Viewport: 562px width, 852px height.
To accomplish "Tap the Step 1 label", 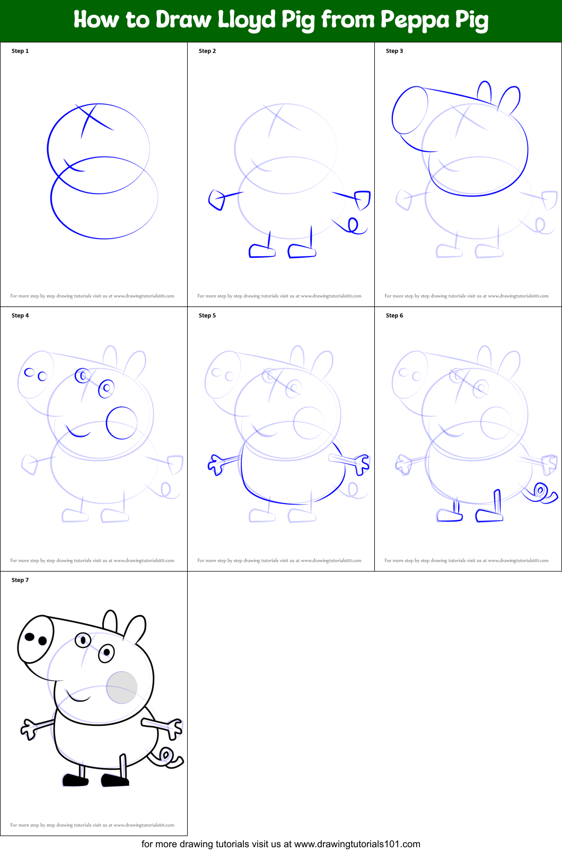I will (20, 51).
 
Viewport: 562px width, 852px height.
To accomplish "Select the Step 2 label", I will (207, 51).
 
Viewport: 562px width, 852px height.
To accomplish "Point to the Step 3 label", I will (394, 51).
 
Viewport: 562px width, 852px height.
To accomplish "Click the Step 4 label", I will (20, 315).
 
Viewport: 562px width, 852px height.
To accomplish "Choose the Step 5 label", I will (207, 315).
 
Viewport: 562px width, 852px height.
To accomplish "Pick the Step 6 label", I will (394, 315).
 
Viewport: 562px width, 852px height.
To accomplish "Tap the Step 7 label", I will (20, 580).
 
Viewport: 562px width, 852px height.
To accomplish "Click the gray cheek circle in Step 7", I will (122, 687).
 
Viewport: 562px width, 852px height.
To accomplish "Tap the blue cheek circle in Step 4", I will (121, 423).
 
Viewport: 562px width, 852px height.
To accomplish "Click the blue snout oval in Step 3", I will (410, 110).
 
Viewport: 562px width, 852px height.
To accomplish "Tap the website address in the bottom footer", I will (357, 844).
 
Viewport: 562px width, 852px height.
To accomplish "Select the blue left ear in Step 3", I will (484, 91).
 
